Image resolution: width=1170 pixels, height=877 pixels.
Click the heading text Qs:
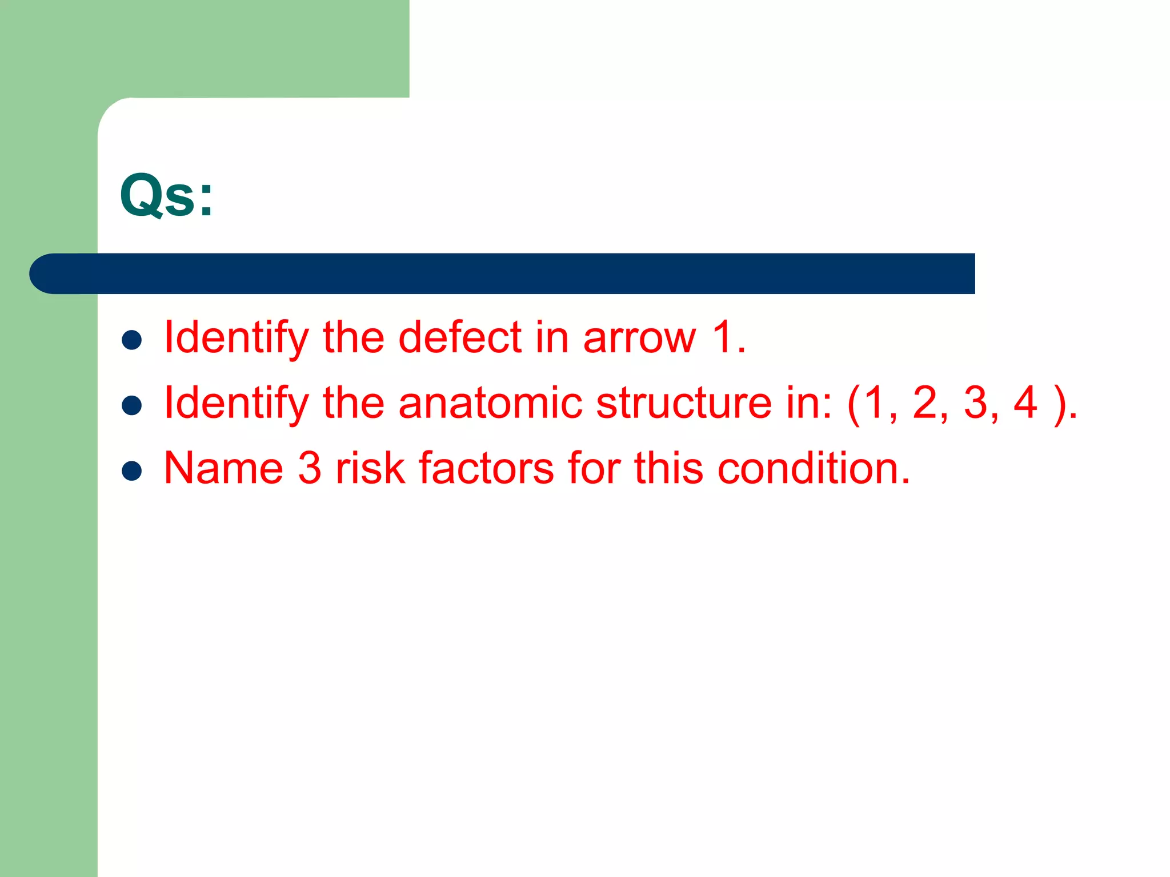[166, 196]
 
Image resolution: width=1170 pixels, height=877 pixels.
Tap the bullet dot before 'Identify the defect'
[132, 340]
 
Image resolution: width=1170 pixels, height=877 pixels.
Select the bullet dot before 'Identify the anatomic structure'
[132, 405]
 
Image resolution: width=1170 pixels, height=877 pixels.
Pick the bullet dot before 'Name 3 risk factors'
[132, 471]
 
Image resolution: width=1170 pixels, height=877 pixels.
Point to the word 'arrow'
[639, 338]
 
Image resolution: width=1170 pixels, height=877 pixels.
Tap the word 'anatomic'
[490, 403]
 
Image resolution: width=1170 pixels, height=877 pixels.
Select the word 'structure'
[684, 403]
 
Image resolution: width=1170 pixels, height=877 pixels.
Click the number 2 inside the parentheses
[925, 403]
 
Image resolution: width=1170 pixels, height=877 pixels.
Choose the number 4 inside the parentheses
[1025, 403]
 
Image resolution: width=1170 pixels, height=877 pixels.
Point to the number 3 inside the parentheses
[976, 403]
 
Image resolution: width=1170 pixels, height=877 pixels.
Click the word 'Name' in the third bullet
[223, 468]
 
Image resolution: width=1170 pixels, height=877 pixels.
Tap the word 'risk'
[370, 468]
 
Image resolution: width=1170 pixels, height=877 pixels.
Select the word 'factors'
[486, 468]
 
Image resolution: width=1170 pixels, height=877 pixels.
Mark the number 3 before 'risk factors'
[310, 468]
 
